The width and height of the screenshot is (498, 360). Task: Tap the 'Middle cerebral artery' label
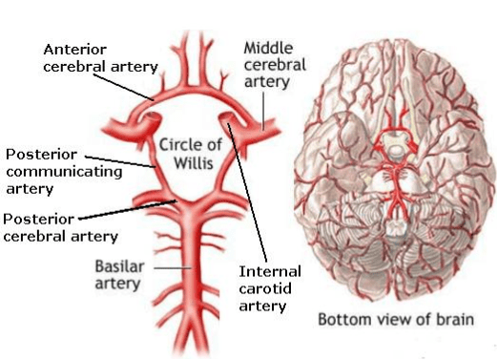(274, 63)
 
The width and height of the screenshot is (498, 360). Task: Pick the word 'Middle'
(267, 46)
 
